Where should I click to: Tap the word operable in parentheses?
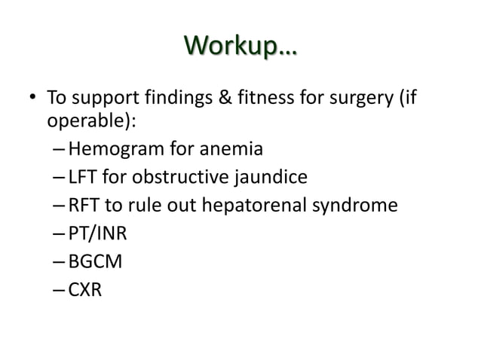tap(78, 123)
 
